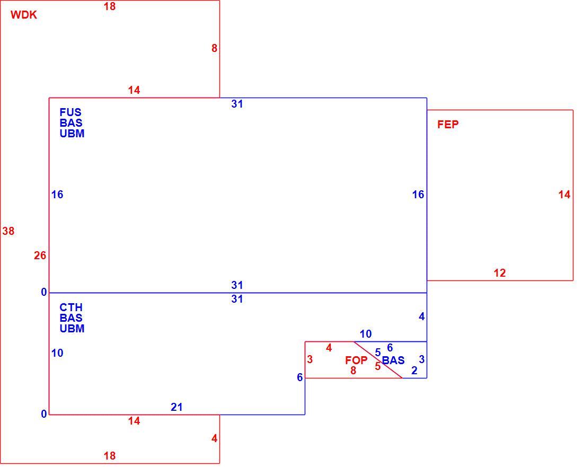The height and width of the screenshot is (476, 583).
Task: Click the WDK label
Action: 24,15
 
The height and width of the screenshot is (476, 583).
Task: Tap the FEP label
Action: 448,125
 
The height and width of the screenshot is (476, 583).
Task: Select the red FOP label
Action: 356,360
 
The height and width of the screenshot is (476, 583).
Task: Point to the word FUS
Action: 70,112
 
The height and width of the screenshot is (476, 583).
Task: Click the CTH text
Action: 71,307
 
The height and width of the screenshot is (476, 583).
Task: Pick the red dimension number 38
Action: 8,231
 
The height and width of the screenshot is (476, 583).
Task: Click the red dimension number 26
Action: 40,255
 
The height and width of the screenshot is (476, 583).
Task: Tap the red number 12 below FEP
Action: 500,273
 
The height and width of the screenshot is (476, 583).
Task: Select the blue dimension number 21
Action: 176,407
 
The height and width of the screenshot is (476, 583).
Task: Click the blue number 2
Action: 414,371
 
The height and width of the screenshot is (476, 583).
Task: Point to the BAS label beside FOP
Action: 393,360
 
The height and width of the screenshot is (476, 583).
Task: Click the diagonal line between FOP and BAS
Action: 378,360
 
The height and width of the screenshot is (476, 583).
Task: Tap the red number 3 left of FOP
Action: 310,359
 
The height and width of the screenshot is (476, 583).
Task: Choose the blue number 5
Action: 378,352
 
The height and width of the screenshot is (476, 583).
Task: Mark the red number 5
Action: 378,366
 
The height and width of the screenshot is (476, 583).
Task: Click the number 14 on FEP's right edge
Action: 564,195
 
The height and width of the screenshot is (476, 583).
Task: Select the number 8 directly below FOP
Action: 353,371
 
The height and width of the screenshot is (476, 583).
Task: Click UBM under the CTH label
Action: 72,329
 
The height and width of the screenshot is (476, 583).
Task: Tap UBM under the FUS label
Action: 72,134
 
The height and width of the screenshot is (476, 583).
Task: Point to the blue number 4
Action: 422,316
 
